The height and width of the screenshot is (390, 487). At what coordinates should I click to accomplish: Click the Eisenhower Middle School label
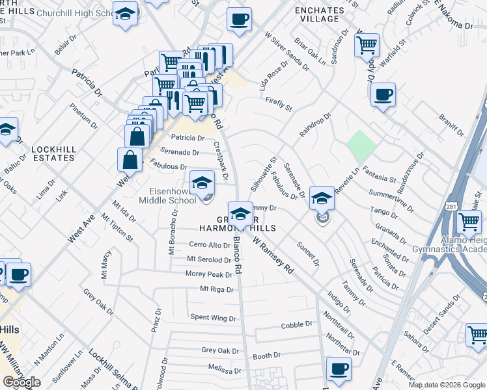pyautogui.click(x=167, y=196)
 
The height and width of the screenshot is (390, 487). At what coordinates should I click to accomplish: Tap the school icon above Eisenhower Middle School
pyautogui.click(x=202, y=182)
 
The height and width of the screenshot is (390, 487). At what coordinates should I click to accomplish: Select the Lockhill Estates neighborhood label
pyautogui.click(x=53, y=153)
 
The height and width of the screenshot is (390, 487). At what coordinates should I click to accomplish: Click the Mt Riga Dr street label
pyautogui.click(x=216, y=289)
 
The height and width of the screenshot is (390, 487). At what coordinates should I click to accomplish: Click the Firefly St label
pyautogui.click(x=279, y=103)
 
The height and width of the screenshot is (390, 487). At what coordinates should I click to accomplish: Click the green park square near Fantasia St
pyautogui.click(x=360, y=146)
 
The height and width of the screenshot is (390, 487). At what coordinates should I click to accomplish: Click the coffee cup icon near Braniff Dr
pyautogui.click(x=383, y=96)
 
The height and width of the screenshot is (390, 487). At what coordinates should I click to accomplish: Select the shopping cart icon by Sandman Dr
pyautogui.click(x=367, y=45)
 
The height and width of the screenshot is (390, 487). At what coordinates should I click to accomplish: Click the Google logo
pyautogui.click(x=22, y=382)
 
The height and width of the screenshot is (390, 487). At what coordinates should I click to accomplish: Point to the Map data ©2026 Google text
pyautogui.click(x=447, y=385)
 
